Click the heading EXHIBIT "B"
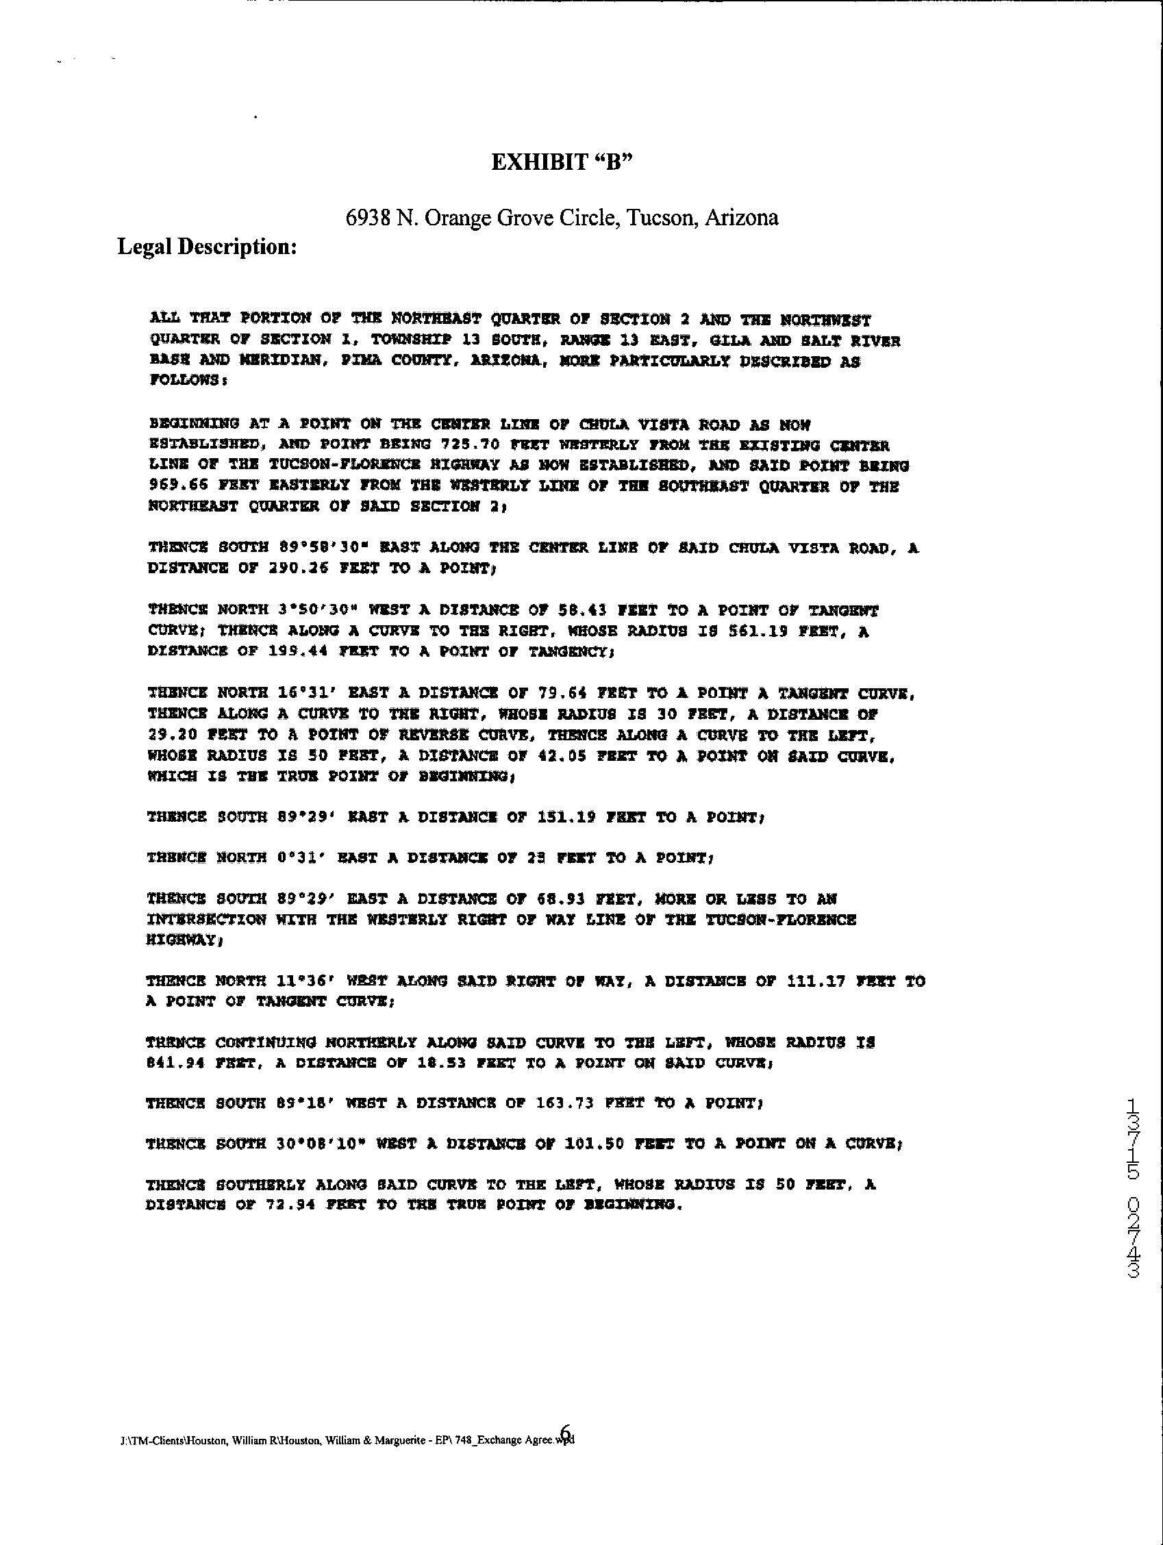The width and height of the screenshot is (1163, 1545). coord(562,163)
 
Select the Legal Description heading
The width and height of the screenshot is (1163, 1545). coord(208,247)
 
